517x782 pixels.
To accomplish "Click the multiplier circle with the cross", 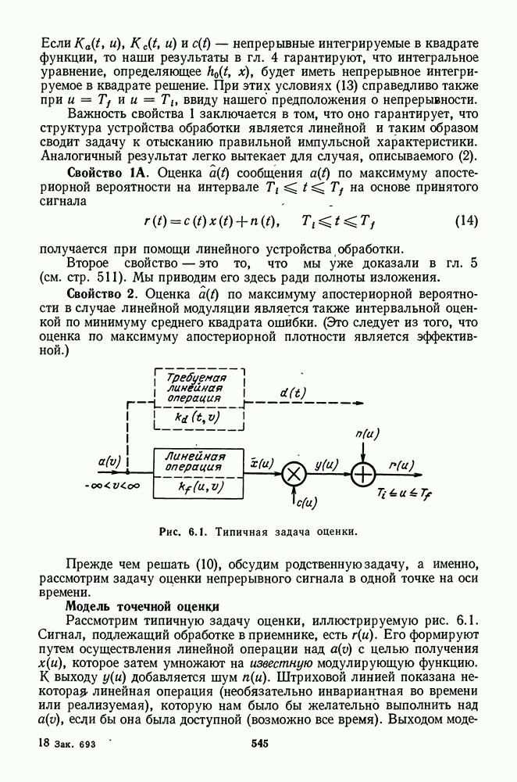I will coord(294,474).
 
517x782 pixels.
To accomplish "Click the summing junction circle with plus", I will coord(363,474).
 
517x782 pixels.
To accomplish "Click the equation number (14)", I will coord(465,221).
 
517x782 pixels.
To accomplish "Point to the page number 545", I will coord(259,743).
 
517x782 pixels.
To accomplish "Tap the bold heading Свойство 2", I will coord(102,293).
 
